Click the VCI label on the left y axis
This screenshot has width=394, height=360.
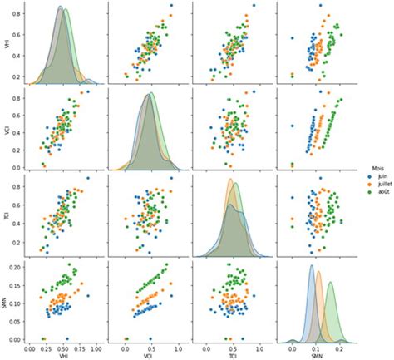(6, 131)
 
